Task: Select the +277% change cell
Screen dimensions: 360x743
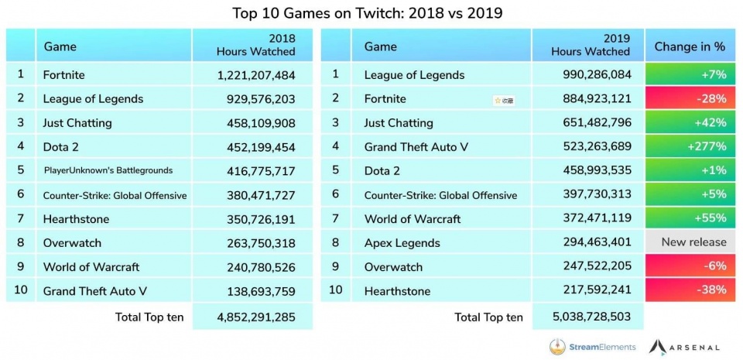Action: [x=690, y=146]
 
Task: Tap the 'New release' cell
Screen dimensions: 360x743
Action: [x=690, y=242]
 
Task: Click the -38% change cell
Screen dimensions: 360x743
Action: [x=690, y=290]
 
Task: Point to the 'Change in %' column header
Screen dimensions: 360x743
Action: [x=690, y=46]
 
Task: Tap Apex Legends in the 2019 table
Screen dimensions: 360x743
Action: [x=402, y=242]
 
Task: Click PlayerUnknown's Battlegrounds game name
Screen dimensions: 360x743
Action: [x=108, y=171]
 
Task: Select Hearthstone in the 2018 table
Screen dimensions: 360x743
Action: [x=76, y=219]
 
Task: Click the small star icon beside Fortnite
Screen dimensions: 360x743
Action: [x=498, y=100]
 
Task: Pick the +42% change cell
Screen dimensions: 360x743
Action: [x=690, y=123]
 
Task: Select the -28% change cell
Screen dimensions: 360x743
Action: [x=690, y=99]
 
